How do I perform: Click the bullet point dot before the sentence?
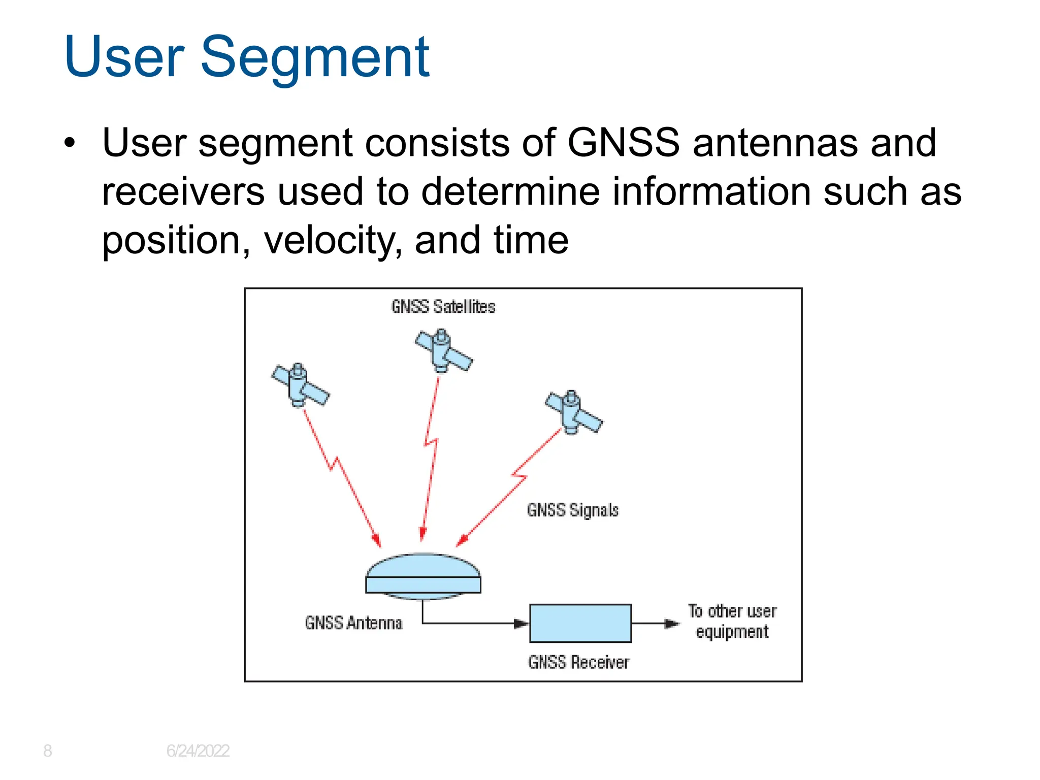point(70,143)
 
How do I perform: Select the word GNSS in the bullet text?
point(623,143)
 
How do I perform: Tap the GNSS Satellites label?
point(443,307)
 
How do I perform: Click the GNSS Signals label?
point(572,510)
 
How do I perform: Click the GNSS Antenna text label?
point(353,623)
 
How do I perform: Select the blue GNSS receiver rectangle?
point(580,623)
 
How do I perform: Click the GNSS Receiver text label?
point(578,662)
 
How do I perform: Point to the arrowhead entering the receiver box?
point(522,623)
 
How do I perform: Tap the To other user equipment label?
point(732,621)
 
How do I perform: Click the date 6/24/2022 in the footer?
point(198,751)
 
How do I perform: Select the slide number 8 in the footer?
point(47,751)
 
